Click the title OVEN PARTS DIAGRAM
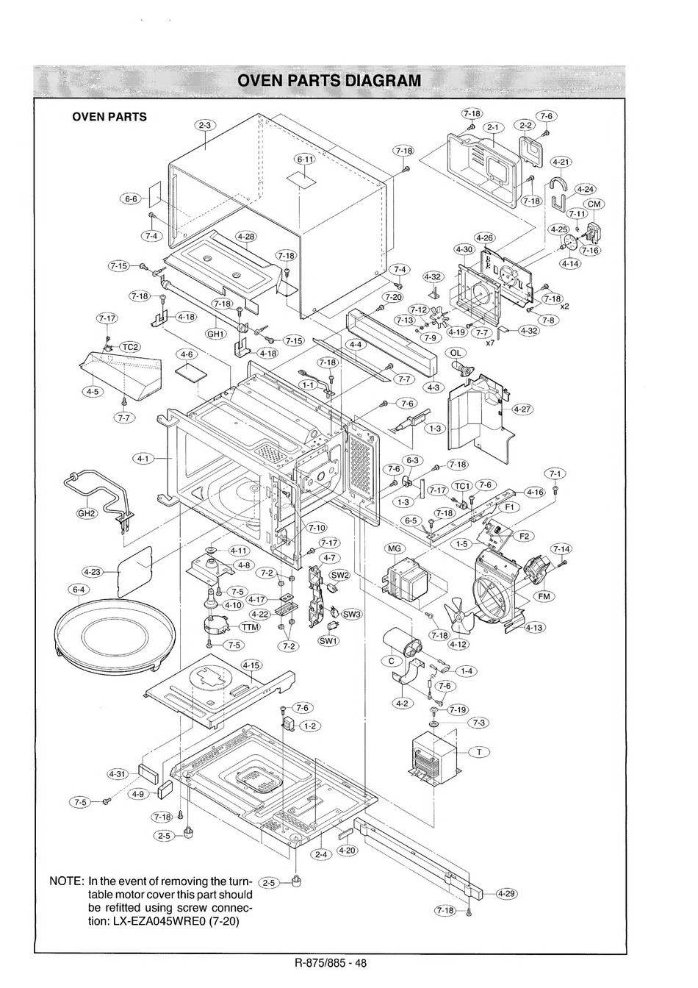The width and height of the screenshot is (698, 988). (329, 80)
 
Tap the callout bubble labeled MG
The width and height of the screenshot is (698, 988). (394, 548)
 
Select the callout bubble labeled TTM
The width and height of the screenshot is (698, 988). (250, 627)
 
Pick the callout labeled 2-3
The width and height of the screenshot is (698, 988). (205, 125)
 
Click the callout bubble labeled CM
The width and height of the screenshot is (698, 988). (594, 204)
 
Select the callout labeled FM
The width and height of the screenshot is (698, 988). (544, 596)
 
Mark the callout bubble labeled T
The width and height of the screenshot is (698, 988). (479, 752)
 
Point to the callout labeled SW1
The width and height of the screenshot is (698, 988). (328, 641)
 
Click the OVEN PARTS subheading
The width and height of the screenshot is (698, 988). (109, 117)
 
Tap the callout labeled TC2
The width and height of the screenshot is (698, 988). (129, 347)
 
